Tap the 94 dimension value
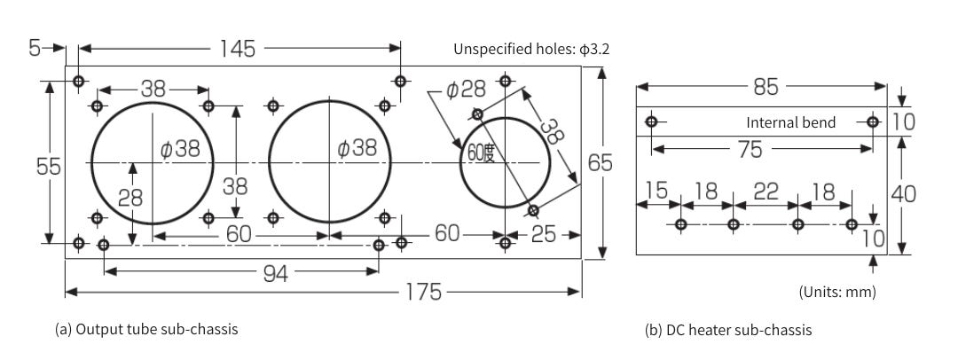[275, 273]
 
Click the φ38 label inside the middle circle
[357, 149]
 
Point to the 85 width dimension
[765, 87]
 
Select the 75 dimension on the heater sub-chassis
[750, 150]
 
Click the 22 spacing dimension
[766, 192]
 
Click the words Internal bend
[790, 122]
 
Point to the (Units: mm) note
[836, 292]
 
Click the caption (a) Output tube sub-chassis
[146, 329]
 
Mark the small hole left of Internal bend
[652, 121]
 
